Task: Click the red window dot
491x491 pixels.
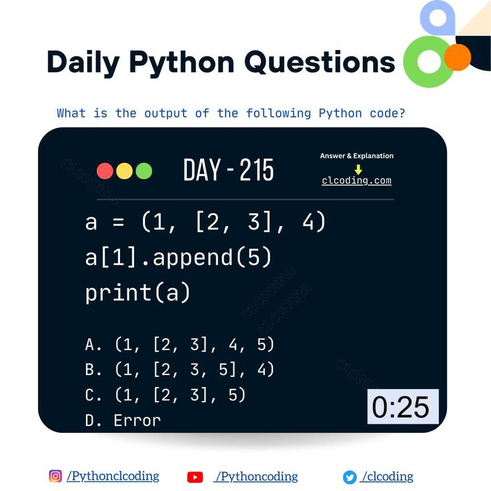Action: [105, 171]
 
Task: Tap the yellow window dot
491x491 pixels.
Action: [124, 171]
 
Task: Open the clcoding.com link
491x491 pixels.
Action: [356, 180]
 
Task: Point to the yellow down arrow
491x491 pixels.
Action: [358, 169]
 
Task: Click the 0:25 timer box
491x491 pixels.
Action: [403, 406]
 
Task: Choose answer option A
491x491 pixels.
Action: [180, 345]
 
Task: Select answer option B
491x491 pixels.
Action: [180, 370]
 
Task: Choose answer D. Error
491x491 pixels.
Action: [123, 420]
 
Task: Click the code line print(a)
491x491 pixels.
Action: [138, 292]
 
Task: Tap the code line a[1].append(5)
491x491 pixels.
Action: [178, 257]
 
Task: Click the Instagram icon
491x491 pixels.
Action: [55, 476]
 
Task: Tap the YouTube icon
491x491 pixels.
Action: [195, 477]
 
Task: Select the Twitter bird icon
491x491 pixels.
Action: [350, 477]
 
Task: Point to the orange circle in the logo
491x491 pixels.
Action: [458, 57]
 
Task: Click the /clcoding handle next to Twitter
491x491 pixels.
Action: [387, 476]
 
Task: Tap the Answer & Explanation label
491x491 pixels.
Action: [356, 155]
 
